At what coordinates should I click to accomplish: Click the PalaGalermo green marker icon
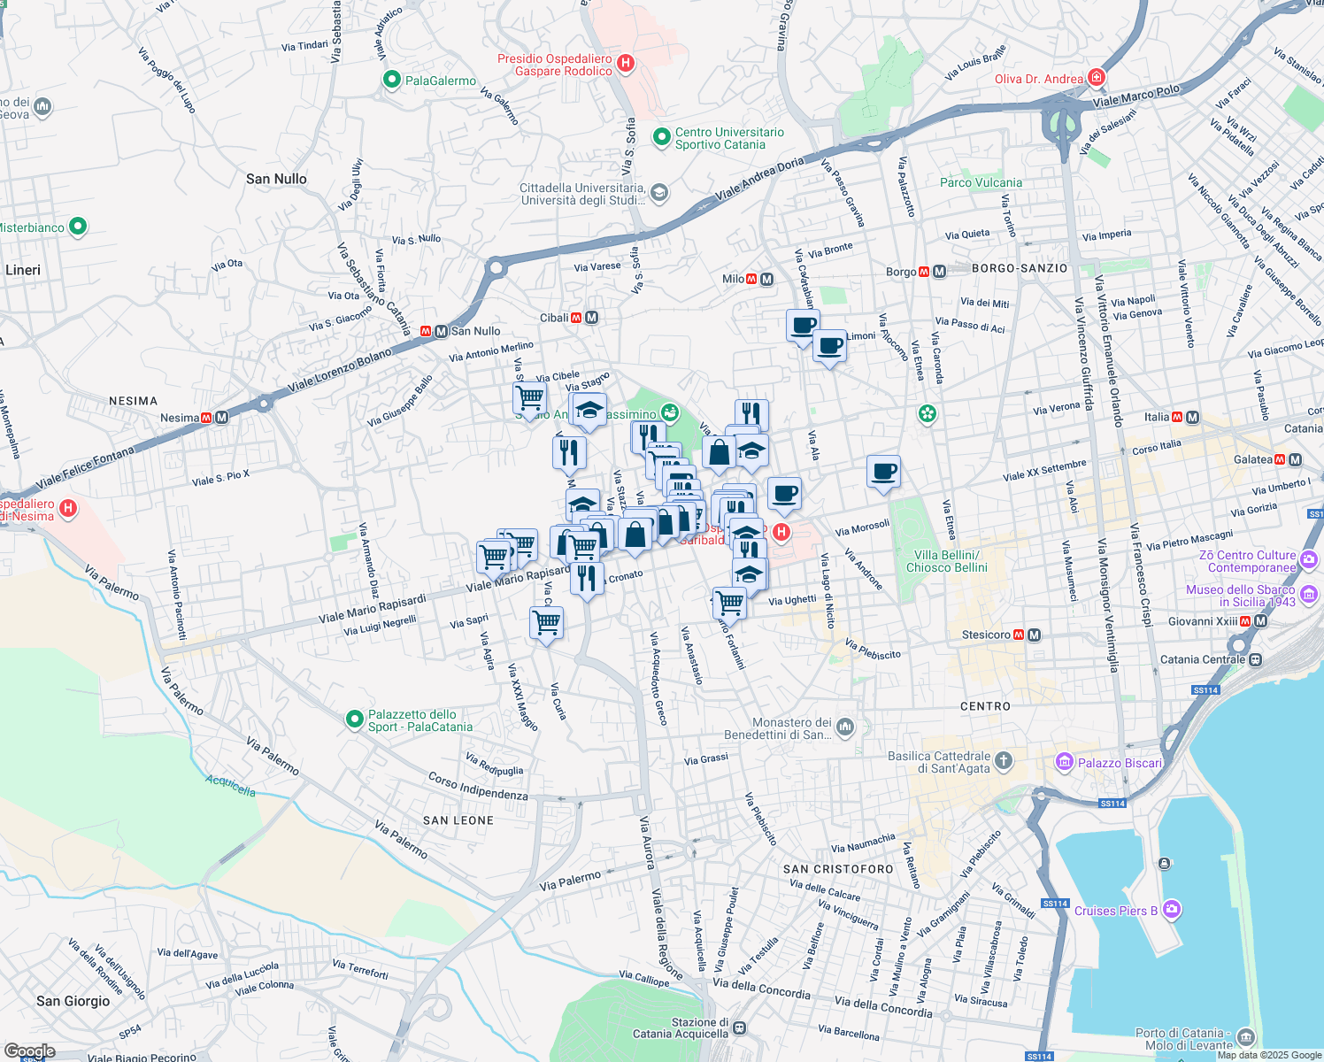tap(392, 81)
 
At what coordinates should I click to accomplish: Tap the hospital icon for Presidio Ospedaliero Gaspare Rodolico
tap(626, 63)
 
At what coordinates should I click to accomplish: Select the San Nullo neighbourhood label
tap(276, 179)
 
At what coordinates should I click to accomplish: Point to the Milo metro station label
tap(733, 279)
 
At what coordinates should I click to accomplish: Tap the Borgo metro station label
tap(901, 272)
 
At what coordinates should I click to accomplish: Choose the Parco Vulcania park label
tap(981, 183)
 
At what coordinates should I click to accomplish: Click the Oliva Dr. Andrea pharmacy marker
tap(1097, 78)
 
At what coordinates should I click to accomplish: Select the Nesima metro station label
tap(180, 418)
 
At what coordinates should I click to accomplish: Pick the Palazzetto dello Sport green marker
tap(355, 719)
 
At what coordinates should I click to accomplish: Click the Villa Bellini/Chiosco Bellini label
tap(946, 561)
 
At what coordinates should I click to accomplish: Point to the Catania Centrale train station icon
tap(1255, 659)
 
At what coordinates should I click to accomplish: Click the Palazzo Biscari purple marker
tap(1065, 761)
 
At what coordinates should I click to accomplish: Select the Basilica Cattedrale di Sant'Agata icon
tap(1003, 760)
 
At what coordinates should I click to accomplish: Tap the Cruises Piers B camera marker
tap(1172, 909)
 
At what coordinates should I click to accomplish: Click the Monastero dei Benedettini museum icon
tap(845, 727)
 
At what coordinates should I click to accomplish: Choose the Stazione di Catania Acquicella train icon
tap(739, 1028)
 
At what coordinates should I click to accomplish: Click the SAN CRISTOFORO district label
tap(838, 869)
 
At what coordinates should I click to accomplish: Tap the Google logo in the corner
tap(29, 1050)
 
